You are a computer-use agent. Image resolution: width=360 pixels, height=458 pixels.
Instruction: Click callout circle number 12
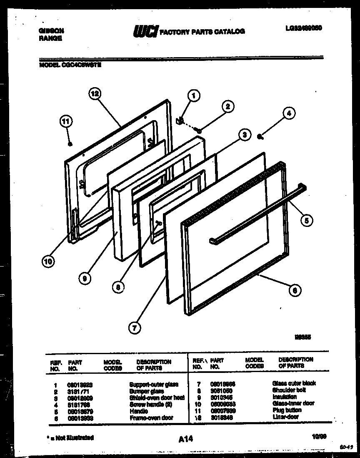(x=95, y=94)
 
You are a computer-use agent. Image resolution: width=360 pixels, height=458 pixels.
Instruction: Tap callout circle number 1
(x=192, y=96)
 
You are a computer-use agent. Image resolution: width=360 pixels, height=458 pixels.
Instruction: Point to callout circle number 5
(x=306, y=220)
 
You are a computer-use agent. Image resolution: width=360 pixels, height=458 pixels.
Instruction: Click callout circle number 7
(x=134, y=328)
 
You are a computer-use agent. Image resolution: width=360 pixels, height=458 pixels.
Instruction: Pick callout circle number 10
(x=48, y=262)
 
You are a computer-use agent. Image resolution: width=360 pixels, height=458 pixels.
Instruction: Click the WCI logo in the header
(x=145, y=32)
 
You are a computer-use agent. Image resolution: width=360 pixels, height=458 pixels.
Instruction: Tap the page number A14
(x=185, y=438)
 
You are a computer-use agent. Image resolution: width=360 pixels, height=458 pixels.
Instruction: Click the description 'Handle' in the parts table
(x=139, y=411)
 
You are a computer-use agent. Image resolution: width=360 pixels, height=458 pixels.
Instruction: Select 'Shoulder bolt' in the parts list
(x=287, y=390)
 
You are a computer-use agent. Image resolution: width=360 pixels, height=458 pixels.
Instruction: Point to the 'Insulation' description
(x=284, y=397)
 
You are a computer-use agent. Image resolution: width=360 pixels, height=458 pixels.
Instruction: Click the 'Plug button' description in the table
(x=287, y=410)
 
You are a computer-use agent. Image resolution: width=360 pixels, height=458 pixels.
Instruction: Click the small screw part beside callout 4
(x=260, y=136)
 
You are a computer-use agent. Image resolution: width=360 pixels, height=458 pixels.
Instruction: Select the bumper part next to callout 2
(x=200, y=131)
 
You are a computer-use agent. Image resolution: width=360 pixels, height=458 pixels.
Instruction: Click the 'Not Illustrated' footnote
(x=70, y=438)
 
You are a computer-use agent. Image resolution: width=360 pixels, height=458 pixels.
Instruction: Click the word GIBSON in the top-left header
(x=51, y=31)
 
